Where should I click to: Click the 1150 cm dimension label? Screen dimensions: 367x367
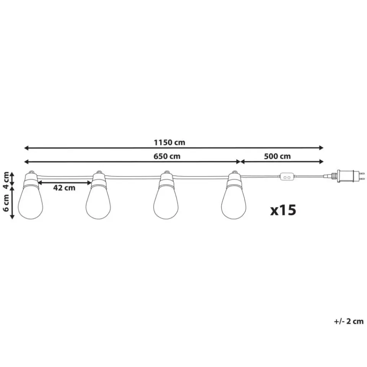click(169, 142)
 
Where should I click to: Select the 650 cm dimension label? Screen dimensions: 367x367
click(167, 156)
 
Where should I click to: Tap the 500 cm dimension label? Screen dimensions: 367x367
click(278, 156)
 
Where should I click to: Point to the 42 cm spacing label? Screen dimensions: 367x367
click(64, 187)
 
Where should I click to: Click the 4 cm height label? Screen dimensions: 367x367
click(6, 180)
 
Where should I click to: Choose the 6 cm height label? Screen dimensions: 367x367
click(6, 203)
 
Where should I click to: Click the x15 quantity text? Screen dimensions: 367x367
click(283, 210)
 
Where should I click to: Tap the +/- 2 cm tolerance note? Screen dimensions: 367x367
click(349, 322)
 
